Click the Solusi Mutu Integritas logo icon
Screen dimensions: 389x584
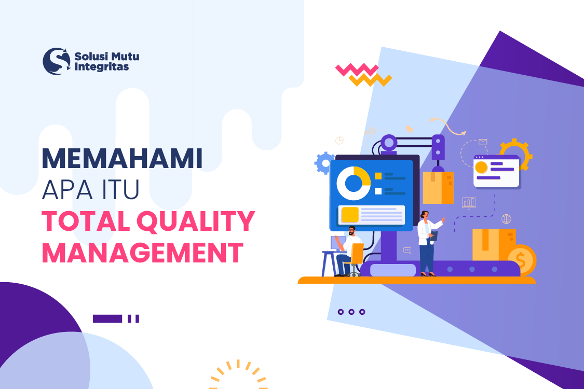pyautogui.click(x=56, y=61)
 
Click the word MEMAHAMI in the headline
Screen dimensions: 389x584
pyautogui.click(x=122, y=159)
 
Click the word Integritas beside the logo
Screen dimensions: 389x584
pyautogui.click(x=102, y=67)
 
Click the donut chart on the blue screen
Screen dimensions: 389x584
pyautogui.click(x=353, y=183)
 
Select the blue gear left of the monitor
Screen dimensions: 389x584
pyautogui.click(x=324, y=163)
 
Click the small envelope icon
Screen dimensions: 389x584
pyautogui.click(x=483, y=141)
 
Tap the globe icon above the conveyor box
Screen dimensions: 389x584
pyautogui.click(x=506, y=219)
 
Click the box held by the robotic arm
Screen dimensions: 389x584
pyautogui.click(x=438, y=188)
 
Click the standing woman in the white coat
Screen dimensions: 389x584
pyautogui.click(x=427, y=241)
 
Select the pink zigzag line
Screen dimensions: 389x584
pyautogui.click(x=357, y=70)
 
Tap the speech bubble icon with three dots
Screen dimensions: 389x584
pyautogui.click(x=408, y=251)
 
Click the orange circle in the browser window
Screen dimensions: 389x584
pyautogui.click(x=481, y=168)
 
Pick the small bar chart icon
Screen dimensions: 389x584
pyautogui.click(x=469, y=202)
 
